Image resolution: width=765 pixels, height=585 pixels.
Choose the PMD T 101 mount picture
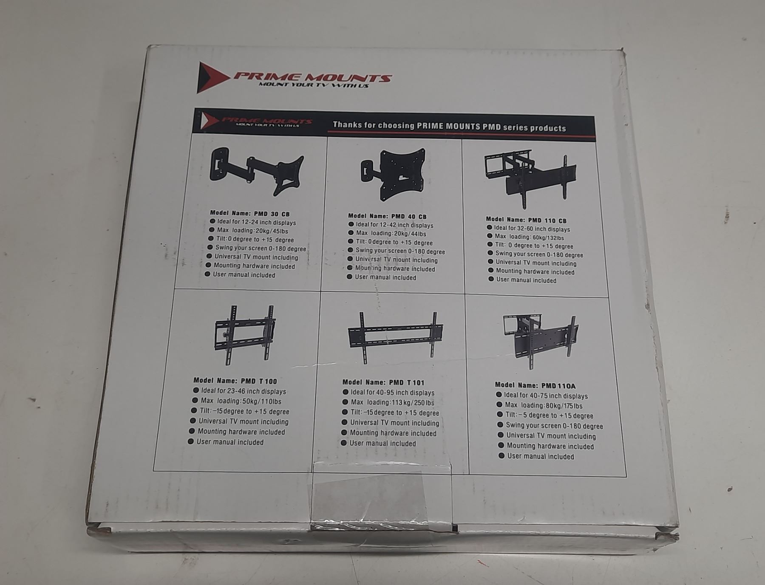point(395,337)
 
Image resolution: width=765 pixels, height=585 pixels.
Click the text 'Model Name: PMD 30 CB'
point(250,213)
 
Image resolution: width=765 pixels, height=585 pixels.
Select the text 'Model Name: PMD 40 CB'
point(387,216)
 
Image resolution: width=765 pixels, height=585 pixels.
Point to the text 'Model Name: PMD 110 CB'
point(526,220)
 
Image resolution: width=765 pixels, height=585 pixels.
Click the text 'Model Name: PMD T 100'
point(235,381)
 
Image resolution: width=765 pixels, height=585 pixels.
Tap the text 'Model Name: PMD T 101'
point(383,382)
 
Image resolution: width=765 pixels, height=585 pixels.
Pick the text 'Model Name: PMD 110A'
point(535,385)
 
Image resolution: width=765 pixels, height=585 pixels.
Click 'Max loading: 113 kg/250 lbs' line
point(388,402)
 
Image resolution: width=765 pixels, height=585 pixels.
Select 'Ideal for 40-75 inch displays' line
point(542,396)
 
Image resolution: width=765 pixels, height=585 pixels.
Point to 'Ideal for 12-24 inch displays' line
point(253,222)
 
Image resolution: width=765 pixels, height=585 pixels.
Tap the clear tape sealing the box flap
point(382,497)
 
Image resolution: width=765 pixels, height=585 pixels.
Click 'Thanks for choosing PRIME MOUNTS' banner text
point(449,126)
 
